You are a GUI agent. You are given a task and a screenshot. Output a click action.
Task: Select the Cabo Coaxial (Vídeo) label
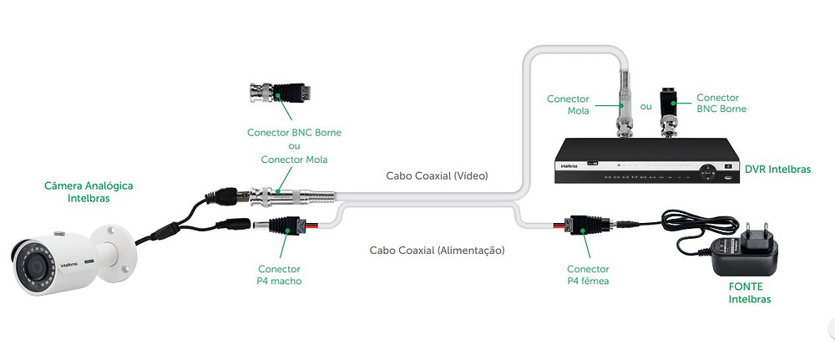pos(437,176)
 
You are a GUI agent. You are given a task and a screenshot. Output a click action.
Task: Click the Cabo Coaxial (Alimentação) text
pos(437,250)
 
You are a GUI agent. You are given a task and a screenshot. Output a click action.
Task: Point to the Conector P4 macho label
pos(280,275)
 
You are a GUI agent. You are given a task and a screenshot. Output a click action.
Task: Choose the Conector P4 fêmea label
pos(588,275)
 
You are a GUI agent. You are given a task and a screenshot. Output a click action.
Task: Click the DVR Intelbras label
pos(777,169)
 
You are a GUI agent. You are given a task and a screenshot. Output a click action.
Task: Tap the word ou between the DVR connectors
pos(645,107)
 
